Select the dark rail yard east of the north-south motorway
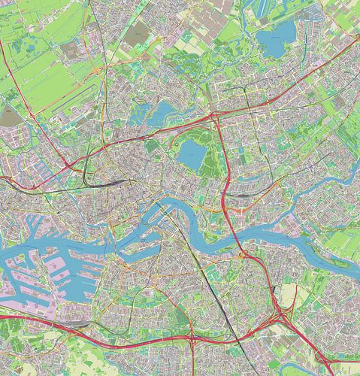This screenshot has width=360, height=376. click(241, 194)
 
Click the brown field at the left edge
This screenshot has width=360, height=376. click(10, 116)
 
